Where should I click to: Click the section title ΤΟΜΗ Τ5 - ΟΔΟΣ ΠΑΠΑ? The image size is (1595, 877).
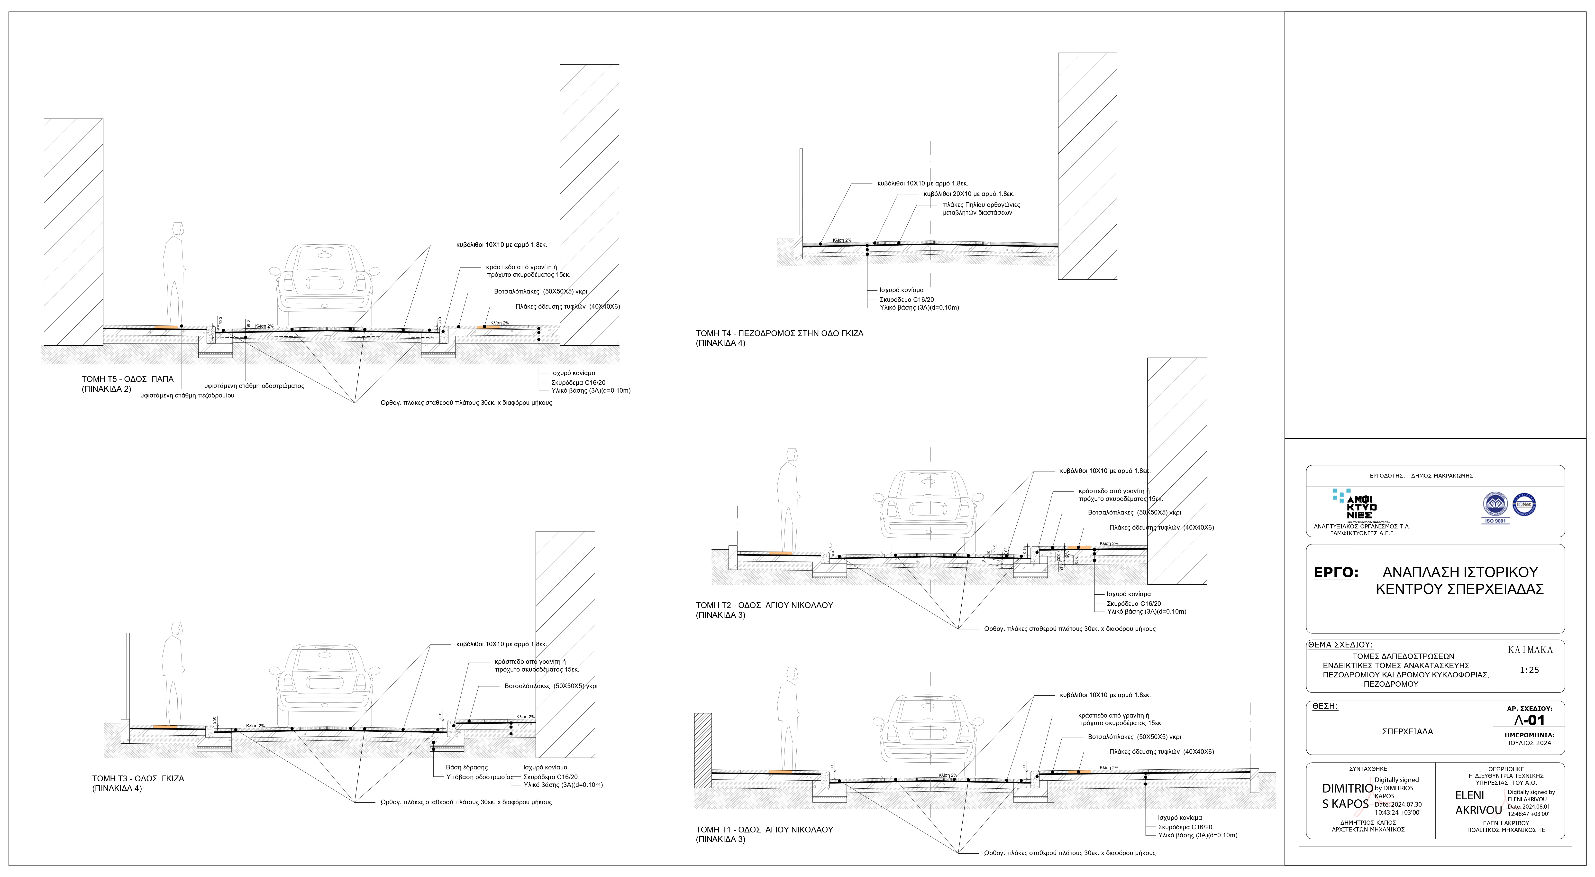click(128, 379)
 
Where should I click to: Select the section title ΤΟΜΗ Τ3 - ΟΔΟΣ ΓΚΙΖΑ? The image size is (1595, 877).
click(138, 778)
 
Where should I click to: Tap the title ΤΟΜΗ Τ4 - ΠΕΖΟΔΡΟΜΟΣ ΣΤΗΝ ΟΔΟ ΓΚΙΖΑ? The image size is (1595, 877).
click(779, 333)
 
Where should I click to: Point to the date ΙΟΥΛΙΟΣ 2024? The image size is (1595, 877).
click(1529, 743)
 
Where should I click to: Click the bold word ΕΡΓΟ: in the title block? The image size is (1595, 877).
click(1336, 573)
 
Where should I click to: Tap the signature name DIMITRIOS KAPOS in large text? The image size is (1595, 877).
click(1347, 796)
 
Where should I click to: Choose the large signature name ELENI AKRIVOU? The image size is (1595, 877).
click(1478, 803)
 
